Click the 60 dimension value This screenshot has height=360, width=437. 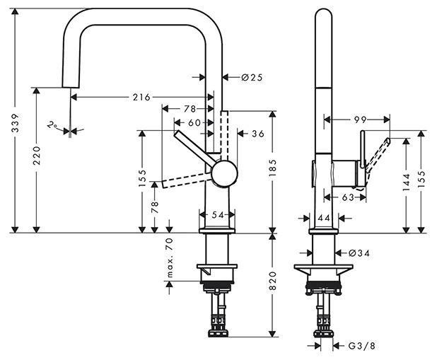(194, 122)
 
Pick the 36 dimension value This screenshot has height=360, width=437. (257, 133)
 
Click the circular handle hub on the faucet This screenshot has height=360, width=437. (225, 173)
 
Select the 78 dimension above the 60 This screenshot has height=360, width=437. (190, 108)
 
